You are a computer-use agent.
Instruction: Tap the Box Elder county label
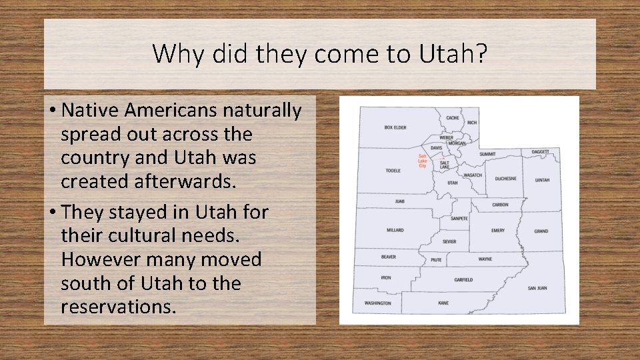pos(395,127)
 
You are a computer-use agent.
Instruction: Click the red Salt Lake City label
pos(422,161)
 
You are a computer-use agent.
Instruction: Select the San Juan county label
pos(537,288)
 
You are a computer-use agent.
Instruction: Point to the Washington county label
pos(377,303)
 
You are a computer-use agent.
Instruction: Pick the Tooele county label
pos(393,171)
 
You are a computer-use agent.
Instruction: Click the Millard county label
pos(395,231)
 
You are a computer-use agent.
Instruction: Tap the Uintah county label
pos(542,180)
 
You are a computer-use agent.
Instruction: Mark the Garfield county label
pos(463,280)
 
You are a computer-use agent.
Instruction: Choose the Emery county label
pos(497,231)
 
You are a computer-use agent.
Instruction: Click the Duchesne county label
pos(505,179)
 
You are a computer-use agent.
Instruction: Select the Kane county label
pos(443,303)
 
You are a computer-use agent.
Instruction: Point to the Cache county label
pos(453,118)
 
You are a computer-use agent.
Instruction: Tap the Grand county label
pos(541,231)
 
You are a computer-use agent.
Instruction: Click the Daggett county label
pos(541,152)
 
